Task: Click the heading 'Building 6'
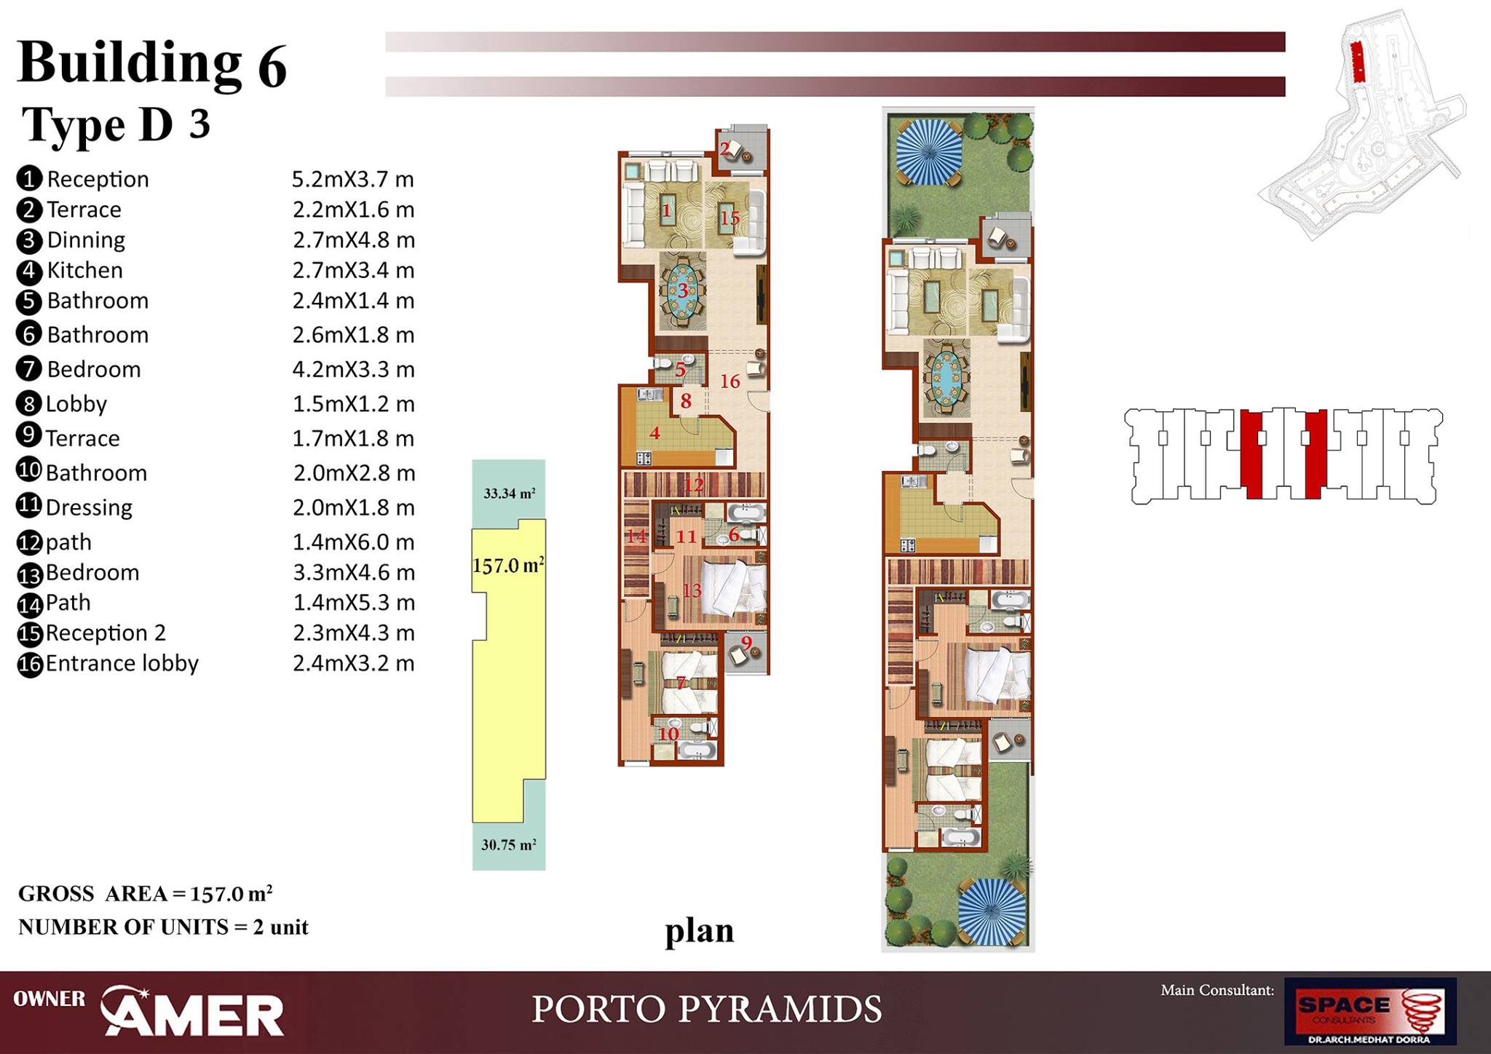(151, 64)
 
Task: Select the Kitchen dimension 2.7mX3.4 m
(354, 270)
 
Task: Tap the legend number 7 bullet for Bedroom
(28, 369)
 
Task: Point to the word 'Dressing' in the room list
(89, 507)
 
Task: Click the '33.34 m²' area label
(510, 493)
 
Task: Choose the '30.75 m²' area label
(509, 844)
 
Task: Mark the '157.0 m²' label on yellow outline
(508, 565)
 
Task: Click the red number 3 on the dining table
(683, 290)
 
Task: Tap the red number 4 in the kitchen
(654, 433)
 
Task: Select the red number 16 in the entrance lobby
(730, 381)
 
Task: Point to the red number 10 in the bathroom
(668, 733)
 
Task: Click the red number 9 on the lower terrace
(746, 643)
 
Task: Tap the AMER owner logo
(192, 1010)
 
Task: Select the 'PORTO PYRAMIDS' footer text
(707, 1010)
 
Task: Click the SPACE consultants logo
(1370, 1012)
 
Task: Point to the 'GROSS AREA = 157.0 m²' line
(146, 893)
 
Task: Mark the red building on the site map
(1357, 62)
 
